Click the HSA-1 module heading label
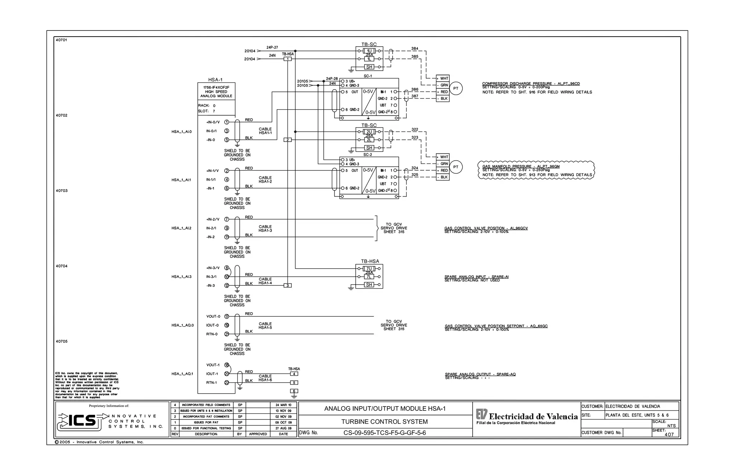click(x=215, y=80)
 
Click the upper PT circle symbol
click(x=456, y=89)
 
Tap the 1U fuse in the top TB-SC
click(x=369, y=51)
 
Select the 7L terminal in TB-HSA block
click(x=369, y=277)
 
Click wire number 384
click(x=415, y=48)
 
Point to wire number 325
click(x=415, y=175)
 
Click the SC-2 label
click(x=367, y=155)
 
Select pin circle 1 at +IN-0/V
click(x=226, y=122)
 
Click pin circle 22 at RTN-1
click(x=226, y=383)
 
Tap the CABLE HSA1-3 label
click(x=265, y=228)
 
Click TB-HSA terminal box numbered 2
click(x=287, y=140)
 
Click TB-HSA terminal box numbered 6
click(x=294, y=391)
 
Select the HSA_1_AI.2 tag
click(x=181, y=228)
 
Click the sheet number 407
click(x=669, y=434)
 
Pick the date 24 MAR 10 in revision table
click(x=283, y=405)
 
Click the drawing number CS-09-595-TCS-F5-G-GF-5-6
click(x=384, y=433)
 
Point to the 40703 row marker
click(x=61, y=191)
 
